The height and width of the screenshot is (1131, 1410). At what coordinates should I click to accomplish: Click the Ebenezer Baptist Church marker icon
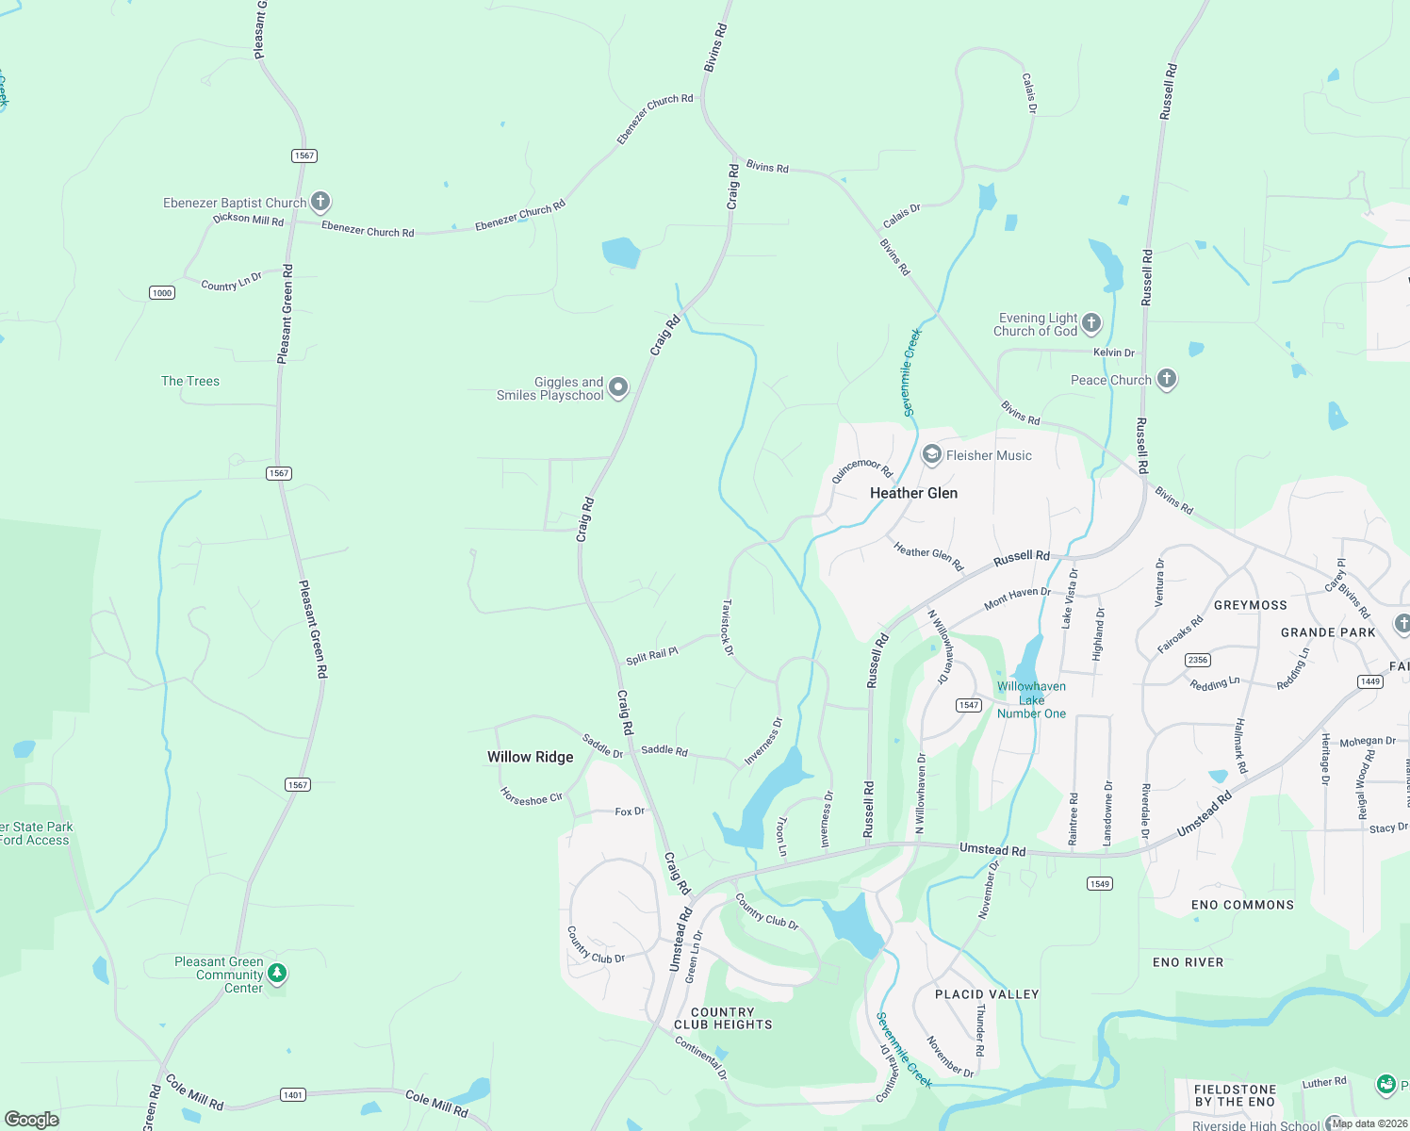[x=320, y=202]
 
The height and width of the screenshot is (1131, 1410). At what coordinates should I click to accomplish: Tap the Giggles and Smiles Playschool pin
[x=618, y=387]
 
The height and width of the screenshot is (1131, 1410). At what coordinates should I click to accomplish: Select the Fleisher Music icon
[x=932, y=455]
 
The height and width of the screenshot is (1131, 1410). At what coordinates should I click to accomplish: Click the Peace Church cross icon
[x=1167, y=379]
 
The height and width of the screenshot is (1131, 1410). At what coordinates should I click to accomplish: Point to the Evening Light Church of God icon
[x=1091, y=323]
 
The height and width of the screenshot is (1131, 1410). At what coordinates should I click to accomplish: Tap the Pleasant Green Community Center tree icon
[x=277, y=973]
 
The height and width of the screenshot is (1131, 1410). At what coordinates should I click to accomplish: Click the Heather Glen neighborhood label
[x=913, y=493]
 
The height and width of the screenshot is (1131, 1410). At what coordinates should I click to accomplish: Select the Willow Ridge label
[x=530, y=757]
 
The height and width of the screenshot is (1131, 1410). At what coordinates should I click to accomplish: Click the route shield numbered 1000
[x=162, y=293]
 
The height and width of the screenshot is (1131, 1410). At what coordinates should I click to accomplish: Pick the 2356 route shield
[x=1198, y=660]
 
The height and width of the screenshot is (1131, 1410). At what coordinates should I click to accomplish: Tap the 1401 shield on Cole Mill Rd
[x=293, y=1094]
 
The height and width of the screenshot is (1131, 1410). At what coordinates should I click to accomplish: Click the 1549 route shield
[x=1100, y=883]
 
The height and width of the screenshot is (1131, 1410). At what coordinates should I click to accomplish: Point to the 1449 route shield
[x=1370, y=681]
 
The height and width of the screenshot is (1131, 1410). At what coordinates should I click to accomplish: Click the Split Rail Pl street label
[x=652, y=655]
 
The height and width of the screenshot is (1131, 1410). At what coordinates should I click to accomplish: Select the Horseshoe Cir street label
[x=532, y=797]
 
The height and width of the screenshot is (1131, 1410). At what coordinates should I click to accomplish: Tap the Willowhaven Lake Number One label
[x=1031, y=700]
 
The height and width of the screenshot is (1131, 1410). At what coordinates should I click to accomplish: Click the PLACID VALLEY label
[x=987, y=994]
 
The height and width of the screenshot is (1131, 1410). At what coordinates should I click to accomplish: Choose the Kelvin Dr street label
[x=1113, y=352]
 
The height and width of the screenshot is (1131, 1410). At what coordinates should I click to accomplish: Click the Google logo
[x=32, y=1119]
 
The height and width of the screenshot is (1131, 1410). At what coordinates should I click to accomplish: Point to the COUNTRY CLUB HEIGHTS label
[x=723, y=1018]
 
